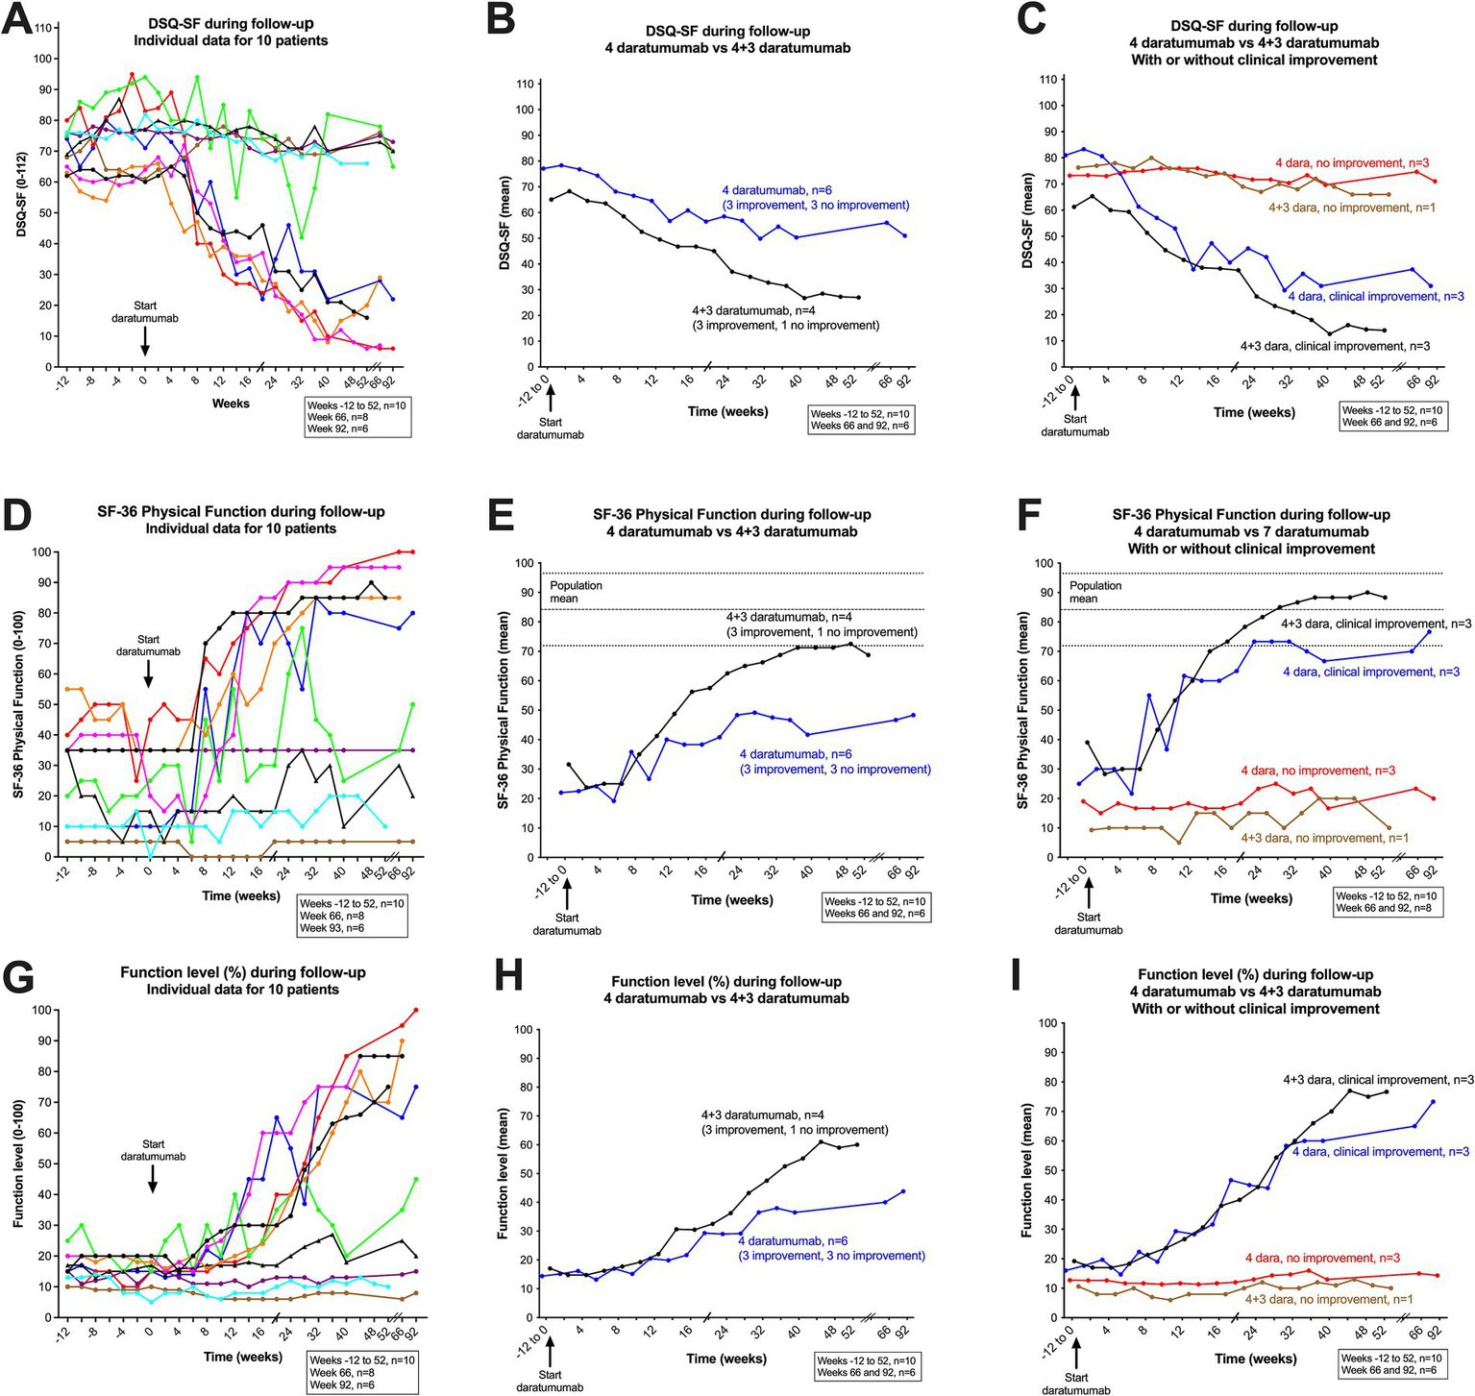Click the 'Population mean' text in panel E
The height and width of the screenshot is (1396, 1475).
(576, 592)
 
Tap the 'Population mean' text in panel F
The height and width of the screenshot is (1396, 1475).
(1095, 592)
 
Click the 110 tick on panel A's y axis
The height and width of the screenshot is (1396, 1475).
(43, 28)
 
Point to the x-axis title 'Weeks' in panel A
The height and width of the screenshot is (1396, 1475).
(231, 404)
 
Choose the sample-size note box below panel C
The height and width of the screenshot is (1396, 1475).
(1391, 416)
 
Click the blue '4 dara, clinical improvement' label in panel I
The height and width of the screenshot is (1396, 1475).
(1380, 1151)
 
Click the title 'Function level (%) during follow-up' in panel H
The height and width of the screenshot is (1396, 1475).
(726, 981)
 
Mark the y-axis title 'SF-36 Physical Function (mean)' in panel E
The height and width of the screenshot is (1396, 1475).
(502, 699)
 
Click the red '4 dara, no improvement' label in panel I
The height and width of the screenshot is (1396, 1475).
(1322, 1258)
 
